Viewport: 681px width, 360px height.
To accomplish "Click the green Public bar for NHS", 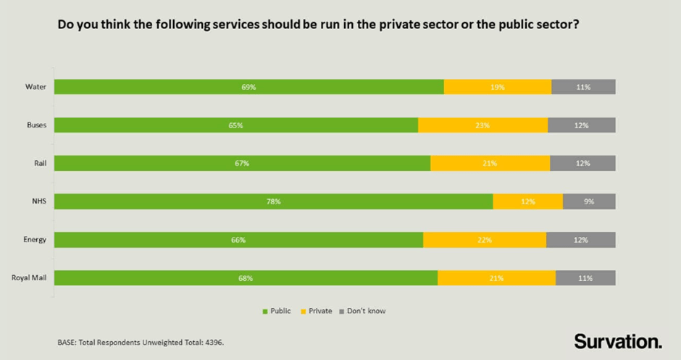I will pos(273,201).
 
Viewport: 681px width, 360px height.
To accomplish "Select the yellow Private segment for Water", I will pos(497,87).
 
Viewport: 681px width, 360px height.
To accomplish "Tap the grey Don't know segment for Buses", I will pos(581,125).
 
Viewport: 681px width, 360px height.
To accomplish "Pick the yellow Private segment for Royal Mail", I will pos(496,278).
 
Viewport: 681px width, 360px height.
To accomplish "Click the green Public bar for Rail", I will pos(242,164).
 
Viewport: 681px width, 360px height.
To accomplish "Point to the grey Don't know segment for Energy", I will pos(580,240).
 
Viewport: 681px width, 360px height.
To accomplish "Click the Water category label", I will pos(35,87).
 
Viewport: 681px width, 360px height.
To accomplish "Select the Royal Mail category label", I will pos(30,278).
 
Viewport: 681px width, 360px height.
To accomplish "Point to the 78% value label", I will pos(273,201).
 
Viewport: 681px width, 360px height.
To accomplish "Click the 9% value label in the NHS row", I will pos(589,201).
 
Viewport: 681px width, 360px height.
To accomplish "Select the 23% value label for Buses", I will pos(482,125).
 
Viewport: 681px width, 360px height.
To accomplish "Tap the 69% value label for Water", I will pos(248,87).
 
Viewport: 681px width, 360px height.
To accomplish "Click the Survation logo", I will pos(617,340).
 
